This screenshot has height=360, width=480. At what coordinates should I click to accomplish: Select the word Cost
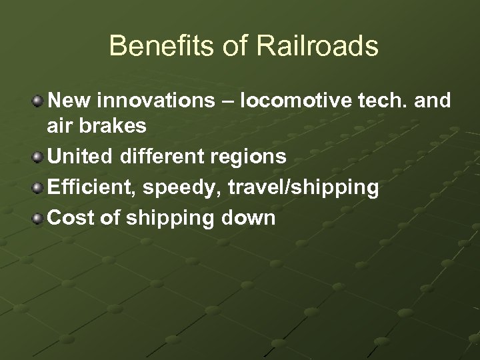click(69, 218)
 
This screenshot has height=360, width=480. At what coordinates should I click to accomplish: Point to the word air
click(62, 126)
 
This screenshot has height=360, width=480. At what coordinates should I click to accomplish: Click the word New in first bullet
click(69, 101)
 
